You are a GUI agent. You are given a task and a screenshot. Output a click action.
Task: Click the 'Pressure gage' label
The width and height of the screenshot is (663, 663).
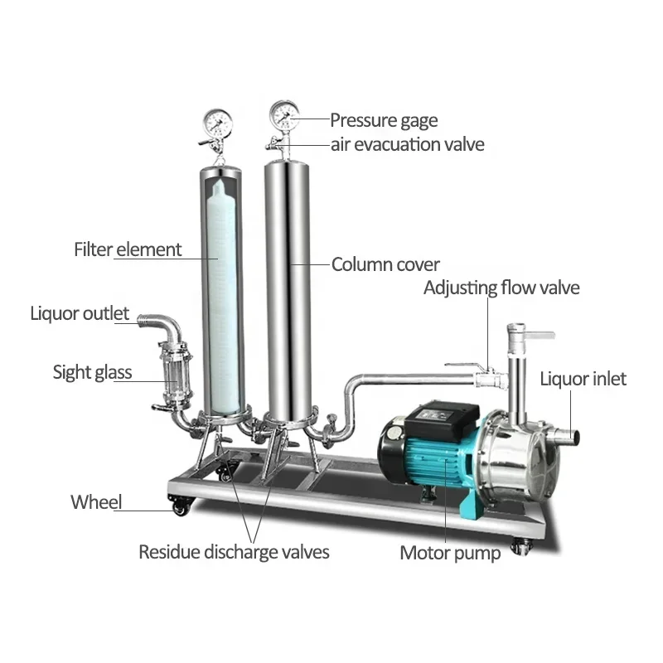coord(384,121)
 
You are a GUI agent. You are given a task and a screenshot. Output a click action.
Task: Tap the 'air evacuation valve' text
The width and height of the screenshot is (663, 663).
coord(407,144)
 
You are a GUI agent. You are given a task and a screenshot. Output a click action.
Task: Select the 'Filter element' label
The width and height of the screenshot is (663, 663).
coord(128,249)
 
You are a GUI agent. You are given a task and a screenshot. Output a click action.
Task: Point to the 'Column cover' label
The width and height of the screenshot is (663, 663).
coord(385,264)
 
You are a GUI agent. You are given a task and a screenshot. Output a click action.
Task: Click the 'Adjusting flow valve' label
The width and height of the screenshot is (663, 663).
coord(501,288)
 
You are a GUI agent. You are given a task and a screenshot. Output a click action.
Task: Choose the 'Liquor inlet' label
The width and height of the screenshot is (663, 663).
coord(583,380)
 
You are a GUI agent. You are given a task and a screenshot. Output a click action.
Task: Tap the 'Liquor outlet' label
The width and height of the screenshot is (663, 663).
coord(80,314)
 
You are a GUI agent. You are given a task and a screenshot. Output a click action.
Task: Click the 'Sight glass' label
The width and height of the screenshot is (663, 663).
coord(92,372)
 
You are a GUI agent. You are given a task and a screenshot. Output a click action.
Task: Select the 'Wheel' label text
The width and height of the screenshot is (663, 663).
coord(96,502)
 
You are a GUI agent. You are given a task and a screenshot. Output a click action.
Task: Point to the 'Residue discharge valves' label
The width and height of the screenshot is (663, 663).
coord(234,552)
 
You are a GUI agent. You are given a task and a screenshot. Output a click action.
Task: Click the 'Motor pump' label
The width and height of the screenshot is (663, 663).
coord(450,554)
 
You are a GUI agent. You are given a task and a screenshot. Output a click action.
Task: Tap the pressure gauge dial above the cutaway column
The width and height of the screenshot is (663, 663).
coord(218,122)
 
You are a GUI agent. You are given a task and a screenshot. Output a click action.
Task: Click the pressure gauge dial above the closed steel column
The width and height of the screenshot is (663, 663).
coord(284,114)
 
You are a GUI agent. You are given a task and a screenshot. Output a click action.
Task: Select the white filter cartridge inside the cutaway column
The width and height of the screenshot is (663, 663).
coord(222,296)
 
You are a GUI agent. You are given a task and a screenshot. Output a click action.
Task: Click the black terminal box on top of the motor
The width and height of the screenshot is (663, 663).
coord(441,419)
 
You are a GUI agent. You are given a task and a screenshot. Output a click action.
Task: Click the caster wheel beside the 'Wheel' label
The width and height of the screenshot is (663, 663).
coord(181,506)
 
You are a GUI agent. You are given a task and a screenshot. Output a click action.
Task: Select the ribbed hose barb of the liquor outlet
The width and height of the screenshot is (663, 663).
coord(146,319)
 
